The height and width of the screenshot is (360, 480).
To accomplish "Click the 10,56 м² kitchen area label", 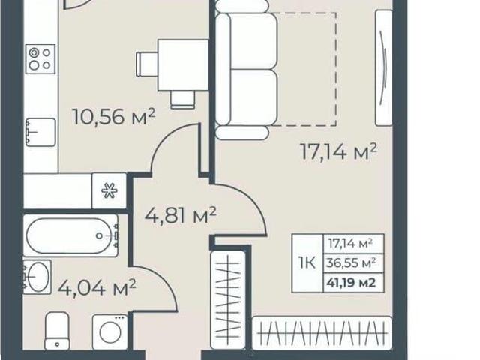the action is coord(113,117).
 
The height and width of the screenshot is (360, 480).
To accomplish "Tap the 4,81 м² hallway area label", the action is coord(181,215).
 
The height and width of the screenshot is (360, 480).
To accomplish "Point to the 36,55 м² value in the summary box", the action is coord(351,262).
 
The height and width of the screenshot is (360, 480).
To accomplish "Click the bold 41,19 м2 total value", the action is coord(351,282).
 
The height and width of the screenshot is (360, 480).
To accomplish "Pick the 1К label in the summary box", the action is coord(307,262).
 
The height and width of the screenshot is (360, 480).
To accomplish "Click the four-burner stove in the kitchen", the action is coord(40,58).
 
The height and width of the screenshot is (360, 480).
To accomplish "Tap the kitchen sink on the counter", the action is coord(40,132).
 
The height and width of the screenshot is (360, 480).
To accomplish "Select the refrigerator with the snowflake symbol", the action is coord(109,191).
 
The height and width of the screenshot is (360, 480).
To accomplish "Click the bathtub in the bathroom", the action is coord(70,235).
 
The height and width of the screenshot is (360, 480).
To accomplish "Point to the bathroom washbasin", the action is coord(37,277).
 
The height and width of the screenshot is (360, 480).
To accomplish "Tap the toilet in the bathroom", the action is coord(57,331).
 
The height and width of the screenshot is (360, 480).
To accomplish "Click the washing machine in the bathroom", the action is coord(110,332).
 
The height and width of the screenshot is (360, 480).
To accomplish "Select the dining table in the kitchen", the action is coord(183,65).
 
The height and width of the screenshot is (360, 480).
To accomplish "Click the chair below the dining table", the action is coord(183,100).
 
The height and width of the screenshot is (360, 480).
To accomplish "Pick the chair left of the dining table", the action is coord(147,64).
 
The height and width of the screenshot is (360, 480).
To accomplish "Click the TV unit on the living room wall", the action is coord(384,67).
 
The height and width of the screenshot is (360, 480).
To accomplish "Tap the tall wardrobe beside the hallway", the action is coord(228,300).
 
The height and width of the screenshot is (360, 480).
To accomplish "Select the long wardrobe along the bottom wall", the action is coord(322,333).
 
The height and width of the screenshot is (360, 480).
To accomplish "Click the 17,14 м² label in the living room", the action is coord(338,152).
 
